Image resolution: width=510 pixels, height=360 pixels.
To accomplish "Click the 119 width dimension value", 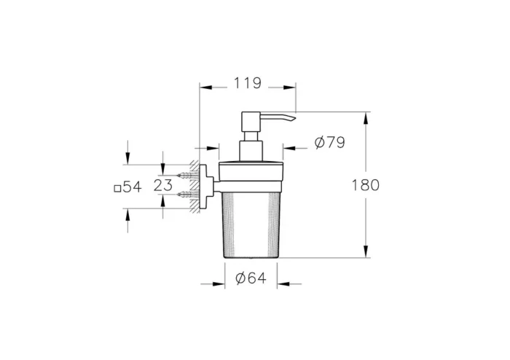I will point(248,84).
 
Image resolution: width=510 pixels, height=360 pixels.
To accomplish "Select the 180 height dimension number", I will point(365,185).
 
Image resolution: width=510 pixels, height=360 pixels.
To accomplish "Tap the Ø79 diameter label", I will point(329,144).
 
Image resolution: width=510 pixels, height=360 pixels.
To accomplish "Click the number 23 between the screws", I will point(163,185).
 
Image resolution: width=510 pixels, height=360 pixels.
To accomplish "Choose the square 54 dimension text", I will point(127,187).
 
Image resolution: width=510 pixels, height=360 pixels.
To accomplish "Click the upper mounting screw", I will point(187,176).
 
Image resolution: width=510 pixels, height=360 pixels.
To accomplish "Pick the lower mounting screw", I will point(187,195).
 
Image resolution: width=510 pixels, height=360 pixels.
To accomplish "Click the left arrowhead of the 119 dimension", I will point(204,87).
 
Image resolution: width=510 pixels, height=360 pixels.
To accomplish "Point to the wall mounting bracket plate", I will point(207,185).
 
